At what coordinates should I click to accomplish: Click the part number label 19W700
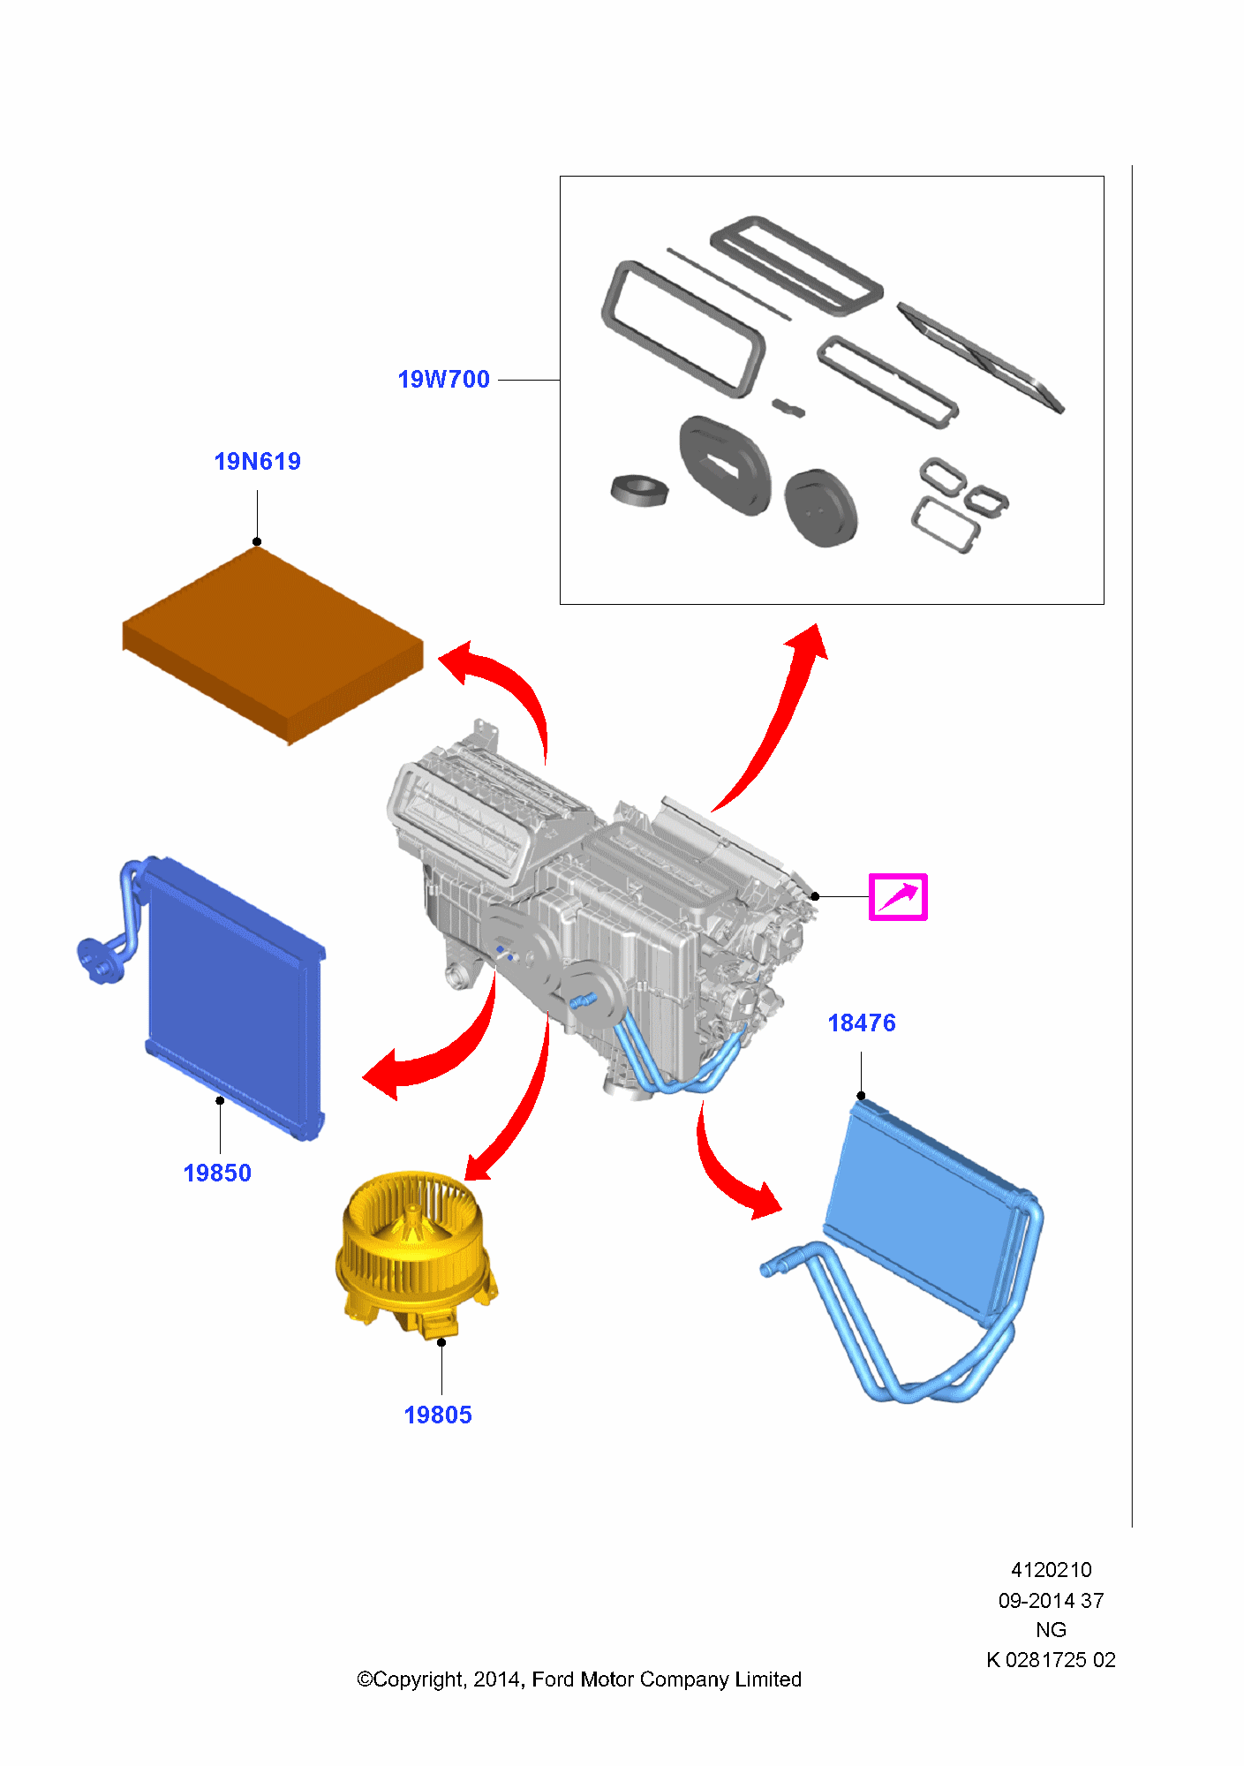tap(443, 380)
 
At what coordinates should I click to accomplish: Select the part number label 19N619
tap(257, 462)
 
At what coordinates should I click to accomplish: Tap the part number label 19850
tap(217, 1174)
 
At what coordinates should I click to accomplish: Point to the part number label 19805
tap(438, 1415)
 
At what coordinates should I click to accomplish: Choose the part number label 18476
tap(862, 1023)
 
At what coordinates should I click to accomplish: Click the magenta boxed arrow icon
tap(898, 897)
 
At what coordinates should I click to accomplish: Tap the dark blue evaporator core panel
tap(230, 998)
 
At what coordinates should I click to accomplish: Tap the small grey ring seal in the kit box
tap(637, 491)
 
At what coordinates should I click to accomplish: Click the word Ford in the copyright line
tap(554, 1679)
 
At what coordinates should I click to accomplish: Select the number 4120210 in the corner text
tap(1051, 1570)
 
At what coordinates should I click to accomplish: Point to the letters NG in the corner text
tap(1051, 1630)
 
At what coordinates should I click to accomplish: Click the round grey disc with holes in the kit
tap(820, 509)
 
